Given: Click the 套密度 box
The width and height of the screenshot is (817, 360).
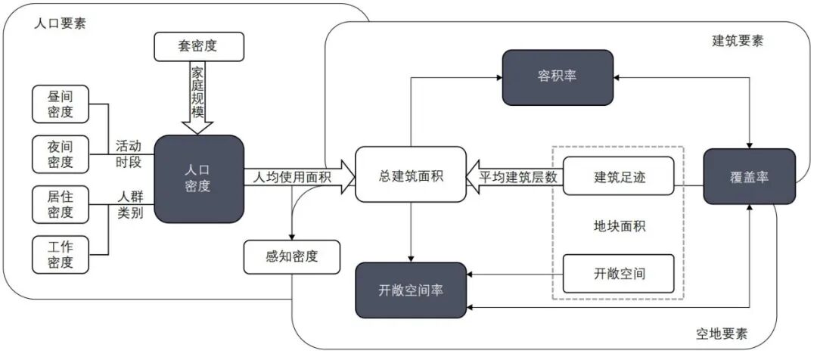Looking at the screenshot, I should click(x=200, y=46).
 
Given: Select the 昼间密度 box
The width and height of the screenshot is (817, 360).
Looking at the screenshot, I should click(x=61, y=104).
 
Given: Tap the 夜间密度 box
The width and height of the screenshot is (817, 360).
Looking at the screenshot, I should click(x=61, y=154).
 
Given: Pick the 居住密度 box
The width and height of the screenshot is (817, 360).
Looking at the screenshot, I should click(x=61, y=204).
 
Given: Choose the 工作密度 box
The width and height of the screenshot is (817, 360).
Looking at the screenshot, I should click(x=61, y=254).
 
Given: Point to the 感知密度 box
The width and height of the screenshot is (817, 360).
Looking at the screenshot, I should click(x=291, y=256).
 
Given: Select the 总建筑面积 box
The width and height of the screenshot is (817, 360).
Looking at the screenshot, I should click(x=410, y=175).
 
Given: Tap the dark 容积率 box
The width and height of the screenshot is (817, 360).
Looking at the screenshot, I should click(x=558, y=77).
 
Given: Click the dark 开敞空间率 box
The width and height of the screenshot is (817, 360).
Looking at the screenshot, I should click(x=411, y=290).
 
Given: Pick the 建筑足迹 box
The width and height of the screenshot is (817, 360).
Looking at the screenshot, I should click(x=618, y=175).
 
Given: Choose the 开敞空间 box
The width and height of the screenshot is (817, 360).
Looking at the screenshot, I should click(x=618, y=273).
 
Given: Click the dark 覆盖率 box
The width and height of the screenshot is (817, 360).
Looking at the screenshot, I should click(x=749, y=175).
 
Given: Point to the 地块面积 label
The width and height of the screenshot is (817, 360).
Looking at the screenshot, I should click(x=619, y=225).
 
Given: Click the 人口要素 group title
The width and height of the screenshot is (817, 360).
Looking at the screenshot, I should click(x=61, y=22).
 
